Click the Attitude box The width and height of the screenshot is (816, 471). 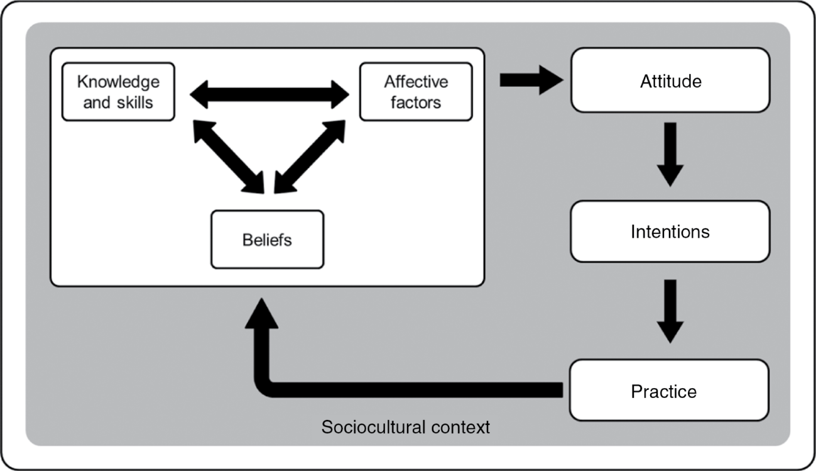(670, 80)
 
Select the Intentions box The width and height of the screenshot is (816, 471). (670, 231)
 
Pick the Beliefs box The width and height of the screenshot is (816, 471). (267, 240)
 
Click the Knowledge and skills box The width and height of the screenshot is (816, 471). (118, 92)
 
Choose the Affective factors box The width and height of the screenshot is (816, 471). (415, 92)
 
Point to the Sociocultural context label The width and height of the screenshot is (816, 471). (405, 428)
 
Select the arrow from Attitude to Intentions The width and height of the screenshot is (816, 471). (670, 154)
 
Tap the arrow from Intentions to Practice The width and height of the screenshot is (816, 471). (670, 311)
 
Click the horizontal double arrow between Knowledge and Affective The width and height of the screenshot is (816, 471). (269, 95)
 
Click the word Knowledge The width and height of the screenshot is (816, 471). (118, 82)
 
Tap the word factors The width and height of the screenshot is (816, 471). (415, 102)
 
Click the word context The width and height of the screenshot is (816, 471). (461, 428)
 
